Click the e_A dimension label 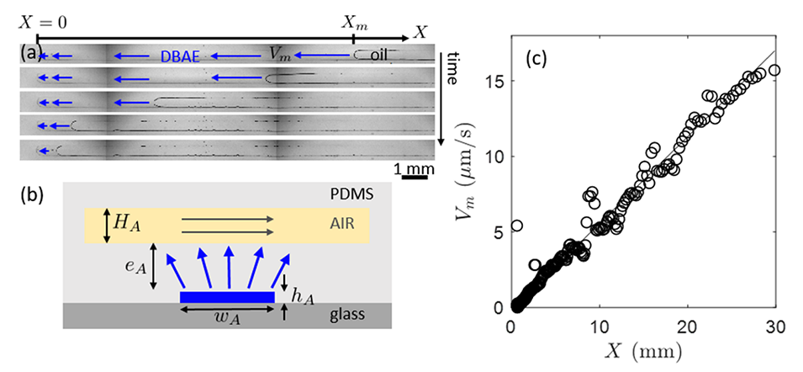(133, 268)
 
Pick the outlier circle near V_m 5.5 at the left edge (517, 226)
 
